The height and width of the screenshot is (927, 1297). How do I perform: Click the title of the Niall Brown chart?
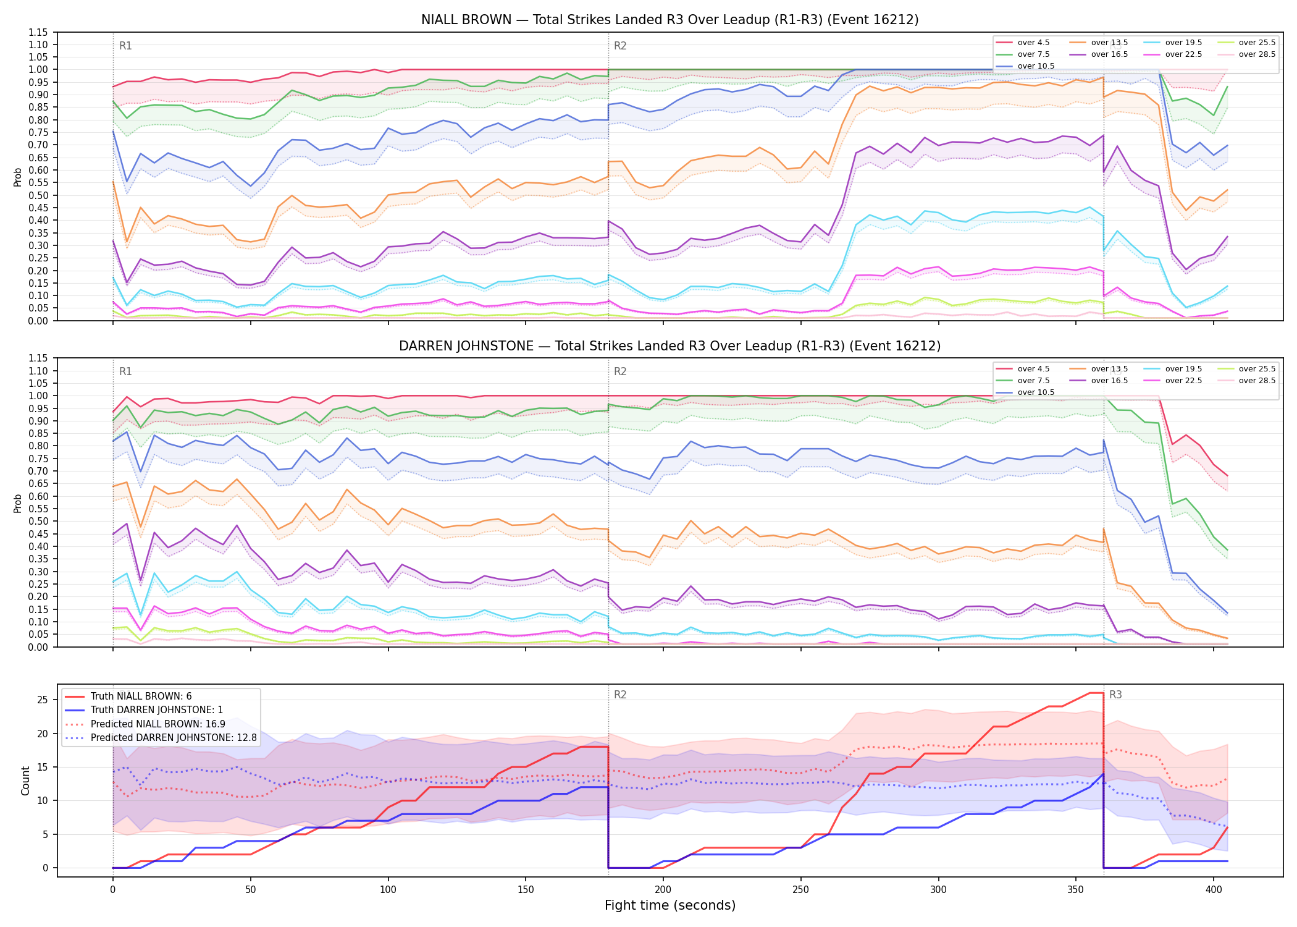coord(669,20)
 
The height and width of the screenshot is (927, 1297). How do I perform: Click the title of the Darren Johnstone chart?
coord(669,346)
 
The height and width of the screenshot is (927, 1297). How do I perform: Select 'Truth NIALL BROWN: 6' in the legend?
coord(141,696)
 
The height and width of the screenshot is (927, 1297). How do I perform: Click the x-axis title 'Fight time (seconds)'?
coord(670,905)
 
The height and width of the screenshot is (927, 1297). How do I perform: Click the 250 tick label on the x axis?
coord(800,889)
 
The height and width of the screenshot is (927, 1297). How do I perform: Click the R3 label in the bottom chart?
coord(1115,695)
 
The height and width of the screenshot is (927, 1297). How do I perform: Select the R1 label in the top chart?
coord(125,46)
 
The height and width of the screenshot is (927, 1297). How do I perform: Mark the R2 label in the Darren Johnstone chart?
coord(620,371)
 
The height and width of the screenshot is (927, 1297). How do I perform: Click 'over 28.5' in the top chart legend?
coord(1257,54)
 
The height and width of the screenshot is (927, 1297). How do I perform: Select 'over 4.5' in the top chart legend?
coord(1033,43)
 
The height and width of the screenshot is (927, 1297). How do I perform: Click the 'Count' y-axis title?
coord(25,781)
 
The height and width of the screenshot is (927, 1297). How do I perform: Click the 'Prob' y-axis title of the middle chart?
coord(18,503)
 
